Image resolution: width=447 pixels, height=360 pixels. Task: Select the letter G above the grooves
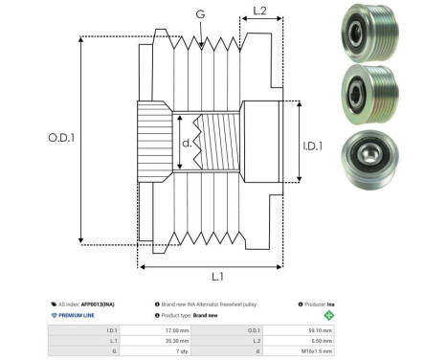tap(198, 14)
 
